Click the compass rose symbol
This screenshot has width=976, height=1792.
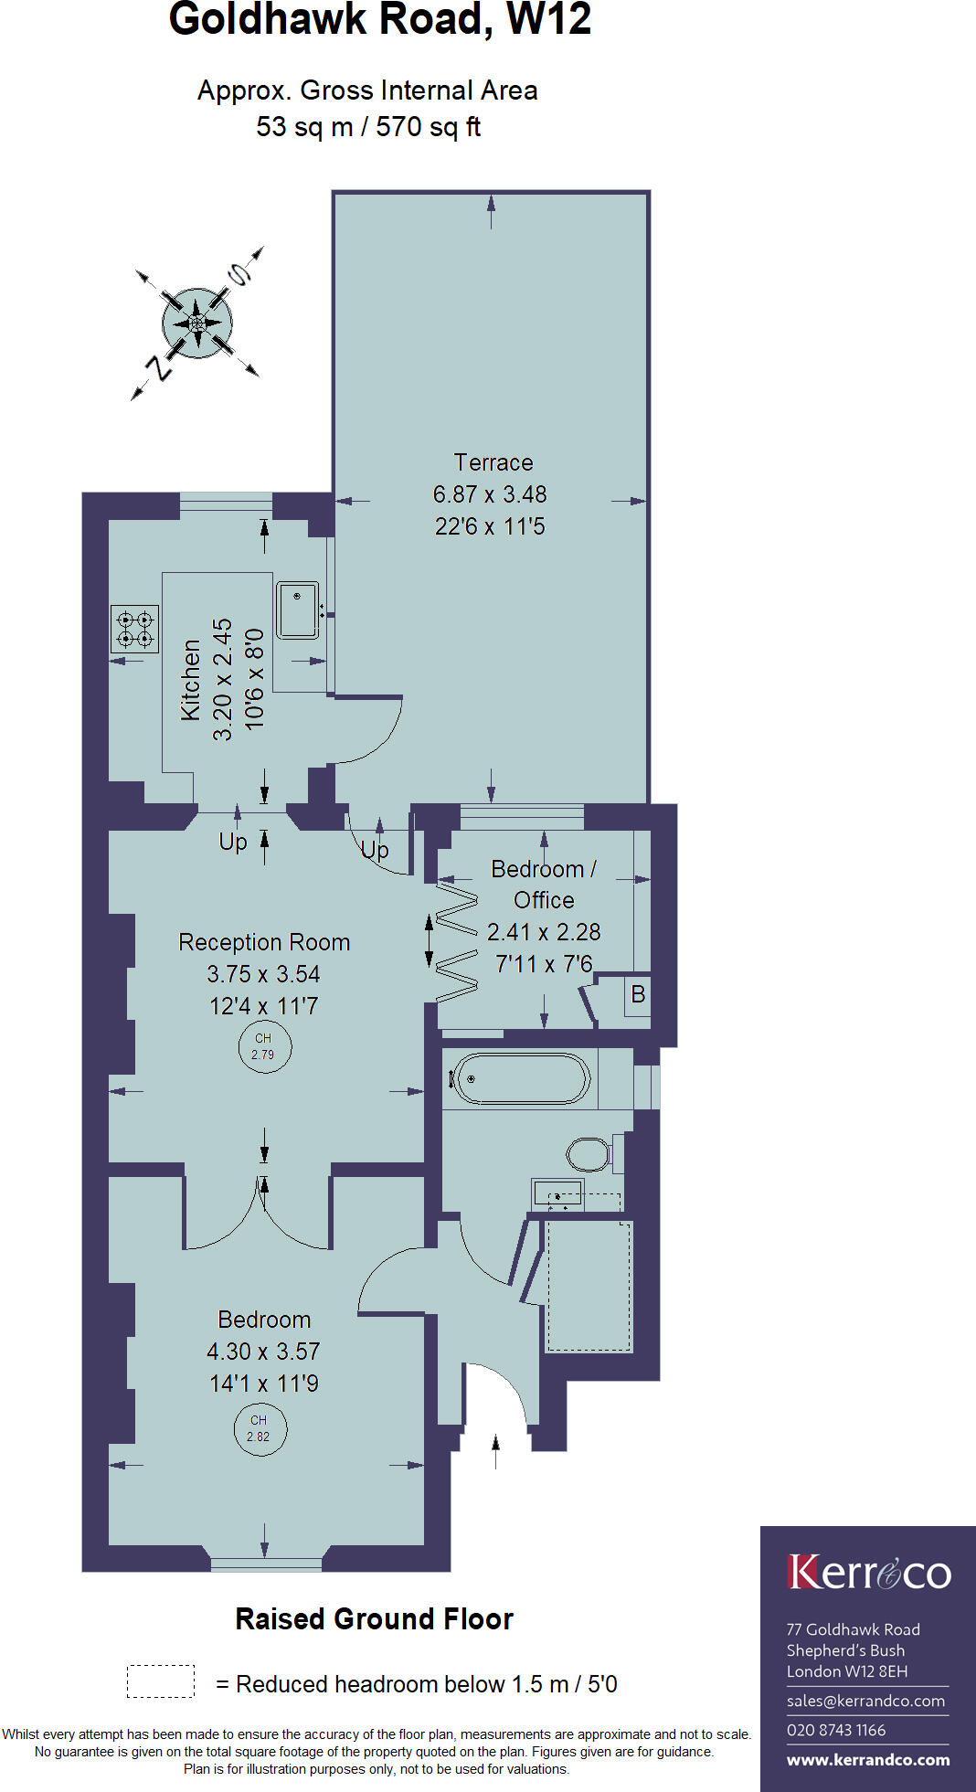(x=196, y=323)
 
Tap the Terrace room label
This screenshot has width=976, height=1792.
(x=493, y=462)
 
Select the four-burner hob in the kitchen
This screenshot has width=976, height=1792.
(x=134, y=629)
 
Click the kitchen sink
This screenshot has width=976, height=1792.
(x=298, y=610)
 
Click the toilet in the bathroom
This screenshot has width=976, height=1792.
(x=589, y=1154)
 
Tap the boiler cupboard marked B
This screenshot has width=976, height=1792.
(x=638, y=994)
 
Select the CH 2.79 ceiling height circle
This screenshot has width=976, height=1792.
(x=263, y=1046)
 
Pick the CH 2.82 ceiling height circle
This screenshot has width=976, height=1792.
(x=259, y=1428)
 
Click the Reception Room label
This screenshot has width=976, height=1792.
(x=264, y=942)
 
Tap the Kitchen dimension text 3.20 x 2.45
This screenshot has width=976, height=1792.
(x=223, y=679)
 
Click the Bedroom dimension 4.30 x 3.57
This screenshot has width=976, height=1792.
(x=263, y=1352)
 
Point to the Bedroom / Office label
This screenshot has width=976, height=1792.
(x=543, y=884)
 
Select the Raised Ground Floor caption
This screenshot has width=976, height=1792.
(x=374, y=1619)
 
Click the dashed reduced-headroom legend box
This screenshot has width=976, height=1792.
(x=161, y=1681)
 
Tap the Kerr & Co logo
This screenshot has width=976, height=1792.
(x=868, y=1572)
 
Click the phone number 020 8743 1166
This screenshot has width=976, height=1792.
(x=835, y=1730)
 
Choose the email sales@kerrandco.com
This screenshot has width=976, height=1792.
(x=865, y=1701)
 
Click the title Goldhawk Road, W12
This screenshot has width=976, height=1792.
(x=380, y=20)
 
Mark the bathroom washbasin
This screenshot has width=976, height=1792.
(x=557, y=1193)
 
